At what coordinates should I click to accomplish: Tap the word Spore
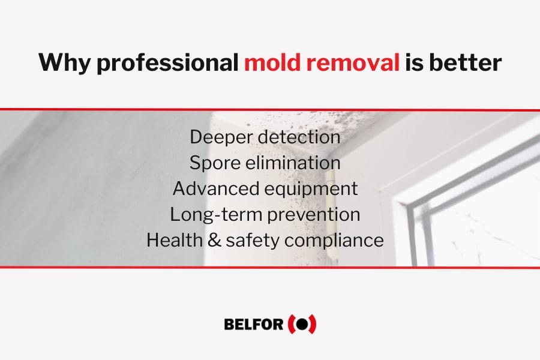[214, 163]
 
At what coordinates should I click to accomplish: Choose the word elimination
[293, 163]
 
